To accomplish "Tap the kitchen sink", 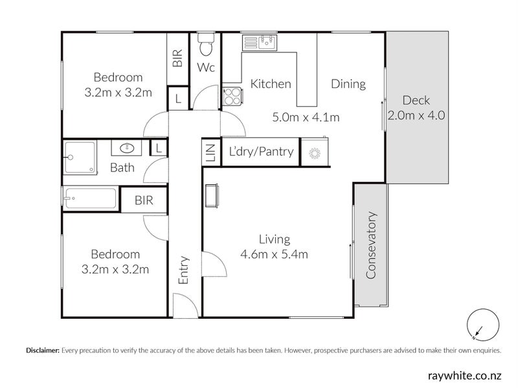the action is (x=260, y=43).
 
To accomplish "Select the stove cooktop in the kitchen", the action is (x=233, y=96).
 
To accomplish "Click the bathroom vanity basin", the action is (x=126, y=148).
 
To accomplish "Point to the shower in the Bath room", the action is (x=80, y=157).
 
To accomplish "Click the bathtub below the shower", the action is (x=90, y=198).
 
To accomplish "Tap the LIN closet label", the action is (x=211, y=153).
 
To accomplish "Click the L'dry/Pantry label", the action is (x=261, y=151).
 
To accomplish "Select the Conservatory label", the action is (x=371, y=245).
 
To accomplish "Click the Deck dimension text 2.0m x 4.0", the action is (x=416, y=116).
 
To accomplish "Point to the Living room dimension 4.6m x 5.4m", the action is (x=274, y=254).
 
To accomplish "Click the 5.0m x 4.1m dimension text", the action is (x=306, y=117).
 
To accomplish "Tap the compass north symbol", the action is (x=482, y=325).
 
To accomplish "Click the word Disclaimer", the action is (x=43, y=350).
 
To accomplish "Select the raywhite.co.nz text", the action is (x=464, y=376).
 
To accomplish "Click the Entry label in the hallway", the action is (x=183, y=270).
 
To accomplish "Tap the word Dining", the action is (x=348, y=84).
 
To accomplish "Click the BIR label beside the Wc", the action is (x=177, y=58).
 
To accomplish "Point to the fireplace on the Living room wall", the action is (x=212, y=196).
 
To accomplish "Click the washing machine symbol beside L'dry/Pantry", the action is (x=315, y=153).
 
